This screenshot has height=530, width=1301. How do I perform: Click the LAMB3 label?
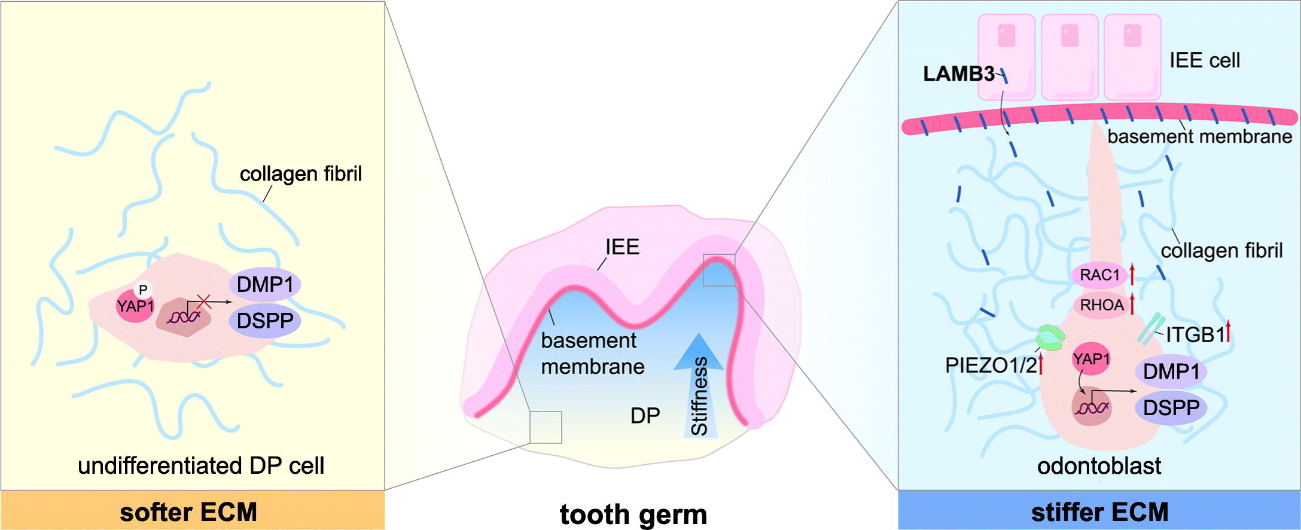click(x=958, y=74)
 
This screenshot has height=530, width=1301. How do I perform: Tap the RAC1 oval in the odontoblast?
click(x=1099, y=275)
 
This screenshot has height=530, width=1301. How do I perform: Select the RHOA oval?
click(x=1101, y=305)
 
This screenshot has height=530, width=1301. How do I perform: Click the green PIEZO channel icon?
click(x=1050, y=338)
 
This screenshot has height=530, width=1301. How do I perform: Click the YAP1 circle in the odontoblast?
click(x=1091, y=359)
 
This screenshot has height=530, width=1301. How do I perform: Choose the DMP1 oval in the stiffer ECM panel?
click(x=1171, y=372)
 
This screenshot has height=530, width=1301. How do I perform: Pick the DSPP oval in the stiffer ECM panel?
click(x=1171, y=408)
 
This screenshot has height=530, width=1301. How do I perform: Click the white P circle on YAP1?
click(x=143, y=290)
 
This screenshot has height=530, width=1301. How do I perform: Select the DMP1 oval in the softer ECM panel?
click(x=265, y=284)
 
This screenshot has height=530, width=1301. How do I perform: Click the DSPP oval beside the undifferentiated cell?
click(x=265, y=321)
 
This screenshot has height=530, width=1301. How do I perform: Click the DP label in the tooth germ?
click(x=645, y=416)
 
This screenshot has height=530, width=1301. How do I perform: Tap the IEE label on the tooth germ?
click(x=622, y=246)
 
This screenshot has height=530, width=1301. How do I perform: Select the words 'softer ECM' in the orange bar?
click(x=188, y=512)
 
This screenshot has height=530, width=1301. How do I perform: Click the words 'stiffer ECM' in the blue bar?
click(x=1099, y=512)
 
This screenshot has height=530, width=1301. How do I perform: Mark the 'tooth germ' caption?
click(x=633, y=514)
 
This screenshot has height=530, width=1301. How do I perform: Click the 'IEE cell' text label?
click(x=1204, y=60)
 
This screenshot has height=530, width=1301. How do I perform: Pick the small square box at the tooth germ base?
click(x=546, y=427)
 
